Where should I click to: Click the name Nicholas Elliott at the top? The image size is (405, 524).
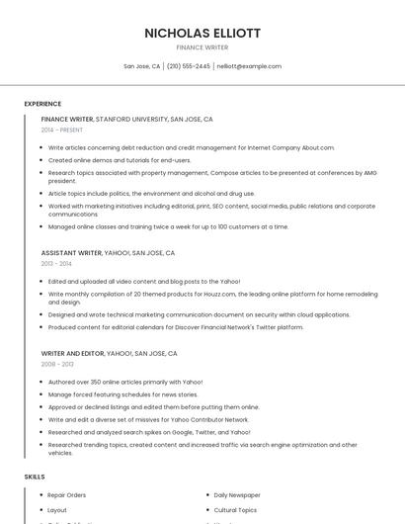point(202,33)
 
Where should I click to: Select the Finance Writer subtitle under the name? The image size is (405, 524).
point(202,46)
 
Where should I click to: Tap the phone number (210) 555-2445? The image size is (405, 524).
point(189,66)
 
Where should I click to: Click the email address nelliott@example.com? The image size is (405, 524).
point(249,66)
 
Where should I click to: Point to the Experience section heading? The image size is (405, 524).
point(42,104)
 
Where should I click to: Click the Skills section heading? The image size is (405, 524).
point(35,477)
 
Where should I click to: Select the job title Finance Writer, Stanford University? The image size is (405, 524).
point(126,119)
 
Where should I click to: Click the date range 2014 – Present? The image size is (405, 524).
point(62,130)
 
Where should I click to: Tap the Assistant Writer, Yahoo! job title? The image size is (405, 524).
point(109,252)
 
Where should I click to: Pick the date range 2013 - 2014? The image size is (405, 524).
point(56,264)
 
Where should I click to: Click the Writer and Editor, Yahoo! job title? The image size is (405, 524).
point(109,353)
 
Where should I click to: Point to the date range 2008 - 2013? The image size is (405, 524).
point(56,364)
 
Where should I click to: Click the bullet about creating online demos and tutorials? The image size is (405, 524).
point(120,160)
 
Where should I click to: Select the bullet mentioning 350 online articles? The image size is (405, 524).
point(125,382)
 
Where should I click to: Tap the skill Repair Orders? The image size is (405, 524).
point(67,494)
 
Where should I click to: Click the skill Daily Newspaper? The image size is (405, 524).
point(237,494)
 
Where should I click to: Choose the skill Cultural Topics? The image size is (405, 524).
point(235,510)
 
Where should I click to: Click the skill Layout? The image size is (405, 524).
point(57,510)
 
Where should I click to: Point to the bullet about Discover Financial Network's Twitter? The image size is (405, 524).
point(176,327)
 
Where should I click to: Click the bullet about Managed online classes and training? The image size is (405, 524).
point(168,226)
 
